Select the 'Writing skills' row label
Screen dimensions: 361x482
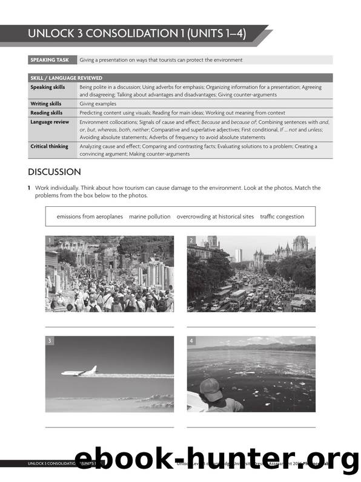tap(46, 103)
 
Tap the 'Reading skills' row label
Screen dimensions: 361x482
tap(46, 112)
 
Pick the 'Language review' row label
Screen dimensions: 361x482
tap(50, 122)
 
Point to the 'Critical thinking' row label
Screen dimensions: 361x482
tap(50, 146)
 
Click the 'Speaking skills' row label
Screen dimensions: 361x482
tap(48, 87)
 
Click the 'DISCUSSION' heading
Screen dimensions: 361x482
tap(55, 172)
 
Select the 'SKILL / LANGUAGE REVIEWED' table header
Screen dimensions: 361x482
tap(66, 78)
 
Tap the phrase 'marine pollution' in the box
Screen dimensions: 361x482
tap(150, 217)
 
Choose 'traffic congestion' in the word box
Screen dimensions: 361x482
tap(282, 217)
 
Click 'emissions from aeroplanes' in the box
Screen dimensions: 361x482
tap(90, 217)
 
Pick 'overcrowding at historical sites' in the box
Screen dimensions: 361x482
tap(215, 217)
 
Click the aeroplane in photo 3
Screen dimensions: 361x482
tap(79, 370)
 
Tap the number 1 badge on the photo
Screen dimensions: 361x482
tap(50, 241)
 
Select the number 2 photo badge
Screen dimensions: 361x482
tap(191, 241)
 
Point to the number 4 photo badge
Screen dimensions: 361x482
tap(191, 341)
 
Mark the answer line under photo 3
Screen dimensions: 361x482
tap(109, 428)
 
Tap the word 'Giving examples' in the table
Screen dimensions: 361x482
tap(98, 103)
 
